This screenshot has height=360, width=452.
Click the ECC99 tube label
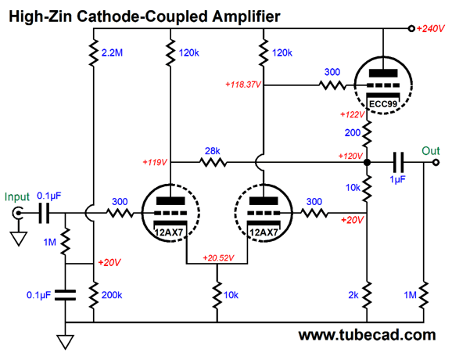(383, 104)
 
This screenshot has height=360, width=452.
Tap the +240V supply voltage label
(430, 28)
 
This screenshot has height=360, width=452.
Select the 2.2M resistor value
(112, 52)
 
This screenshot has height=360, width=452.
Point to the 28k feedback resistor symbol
(213, 163)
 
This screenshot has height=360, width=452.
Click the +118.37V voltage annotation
(243, 85)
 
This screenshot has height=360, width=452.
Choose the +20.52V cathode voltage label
(218, 258)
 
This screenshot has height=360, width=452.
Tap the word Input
(17, 197)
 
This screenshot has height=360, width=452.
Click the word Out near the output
(431, 151)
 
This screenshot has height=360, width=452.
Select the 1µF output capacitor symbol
(398, 163)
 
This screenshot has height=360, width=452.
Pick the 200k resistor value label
(112, 295)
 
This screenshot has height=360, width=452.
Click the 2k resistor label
(353, 295)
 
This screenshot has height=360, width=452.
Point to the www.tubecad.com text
(367, 335)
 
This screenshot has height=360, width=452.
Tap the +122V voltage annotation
(352, 115)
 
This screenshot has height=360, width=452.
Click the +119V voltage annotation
(155, 163)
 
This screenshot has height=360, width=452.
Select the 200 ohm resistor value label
(353, 133)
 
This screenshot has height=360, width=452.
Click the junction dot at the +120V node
(367, 163)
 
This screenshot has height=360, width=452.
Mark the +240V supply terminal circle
(411, 28)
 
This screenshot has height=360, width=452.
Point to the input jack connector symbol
(17, 213)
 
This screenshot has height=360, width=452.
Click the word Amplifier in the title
(246, 16)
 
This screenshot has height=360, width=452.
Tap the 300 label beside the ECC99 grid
(332, 72)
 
